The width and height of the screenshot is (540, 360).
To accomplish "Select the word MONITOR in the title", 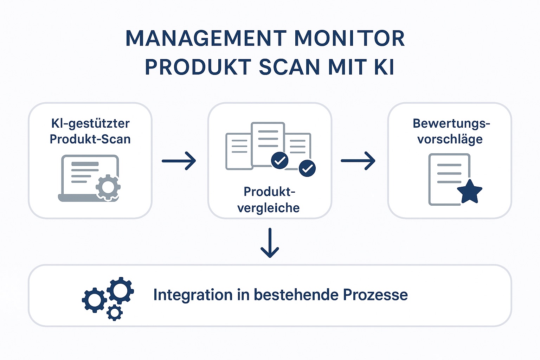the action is (349, 38).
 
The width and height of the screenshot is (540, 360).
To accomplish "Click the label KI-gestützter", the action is (90, 124).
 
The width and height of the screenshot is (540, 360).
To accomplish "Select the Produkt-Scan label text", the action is (90, 139).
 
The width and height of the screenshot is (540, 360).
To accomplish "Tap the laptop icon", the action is (89, 178).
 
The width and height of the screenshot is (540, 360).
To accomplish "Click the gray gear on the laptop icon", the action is (108, 187).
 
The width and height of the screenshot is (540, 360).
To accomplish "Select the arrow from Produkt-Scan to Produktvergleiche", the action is (179, 161).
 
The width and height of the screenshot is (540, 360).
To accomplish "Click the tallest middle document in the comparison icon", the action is (268, 144).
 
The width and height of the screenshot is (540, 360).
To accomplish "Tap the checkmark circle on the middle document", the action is (279, 160).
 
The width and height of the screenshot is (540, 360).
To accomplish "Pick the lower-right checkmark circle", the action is (307, 168).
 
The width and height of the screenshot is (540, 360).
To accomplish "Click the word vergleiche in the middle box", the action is (269, 208).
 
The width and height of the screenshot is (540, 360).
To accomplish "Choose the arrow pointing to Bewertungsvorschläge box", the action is (358, 161).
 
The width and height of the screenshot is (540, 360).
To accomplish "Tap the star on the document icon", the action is (470, 192).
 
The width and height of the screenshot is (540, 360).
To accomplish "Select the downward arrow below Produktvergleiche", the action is (270, 243).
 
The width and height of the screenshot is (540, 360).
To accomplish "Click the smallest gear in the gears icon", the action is (115, 313).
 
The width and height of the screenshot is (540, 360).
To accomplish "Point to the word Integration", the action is (193, 295).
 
